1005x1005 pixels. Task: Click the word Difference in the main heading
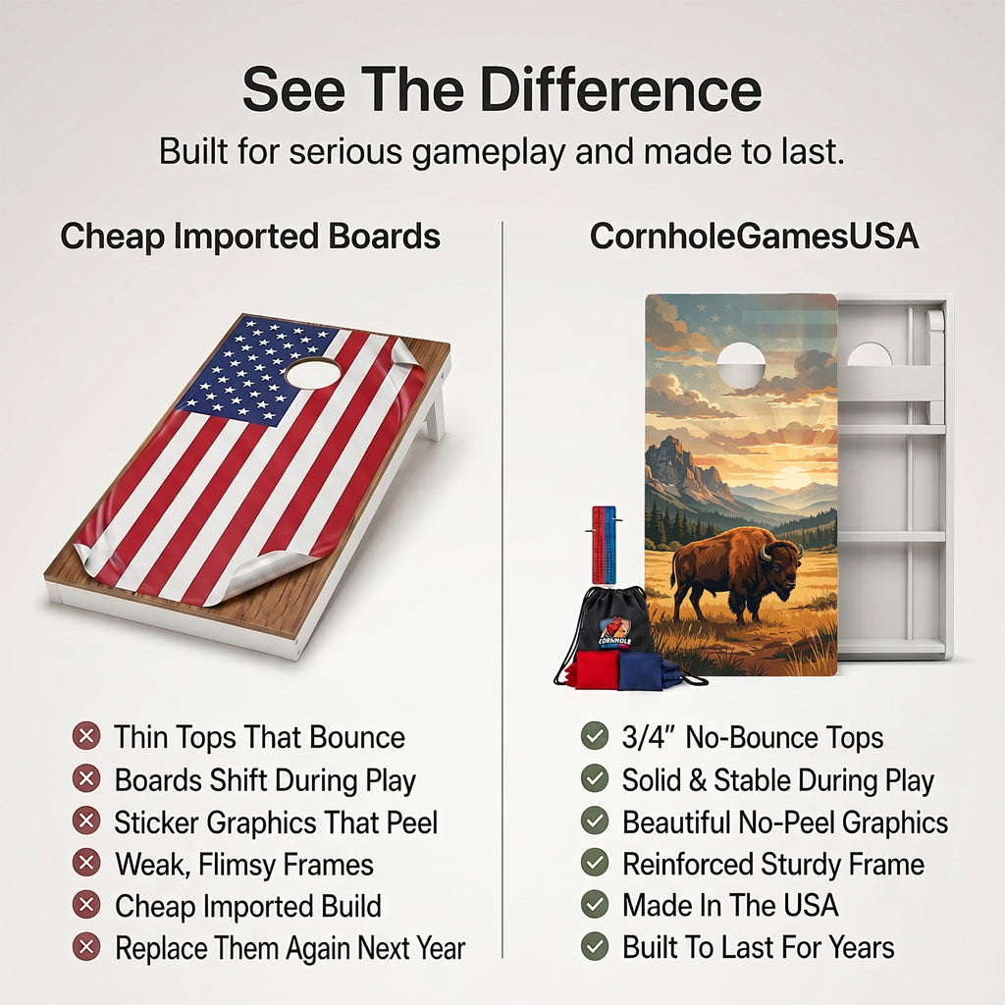(x=620, y=90)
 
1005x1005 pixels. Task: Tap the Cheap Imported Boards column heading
(x=250, y=237)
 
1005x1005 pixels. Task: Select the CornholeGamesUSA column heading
(x=755, y=237)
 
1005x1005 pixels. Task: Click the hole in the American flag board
(x=313, y=372)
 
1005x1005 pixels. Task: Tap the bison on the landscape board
(x=737, y=572)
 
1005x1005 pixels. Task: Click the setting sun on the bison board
(x=792, y=477)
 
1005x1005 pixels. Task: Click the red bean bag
(x=596, y=669)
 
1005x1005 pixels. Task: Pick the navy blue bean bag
(x=641, y=671)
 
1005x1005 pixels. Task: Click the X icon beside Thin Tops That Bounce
(x=86, y=736)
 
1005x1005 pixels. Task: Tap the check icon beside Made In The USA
(x=595, y=904)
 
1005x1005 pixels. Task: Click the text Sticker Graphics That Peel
(x=276, y=822)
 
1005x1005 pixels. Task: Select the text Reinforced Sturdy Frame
(x=773, y=864)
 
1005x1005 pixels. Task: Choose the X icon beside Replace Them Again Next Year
(x=86, y=947)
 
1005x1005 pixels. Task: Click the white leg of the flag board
(x=435, y=410)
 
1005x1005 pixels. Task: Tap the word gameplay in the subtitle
(x=489, y=152)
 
